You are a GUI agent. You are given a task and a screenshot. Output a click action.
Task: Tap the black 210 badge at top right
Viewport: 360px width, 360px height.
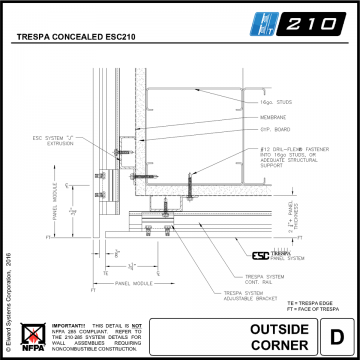tap(318, 20)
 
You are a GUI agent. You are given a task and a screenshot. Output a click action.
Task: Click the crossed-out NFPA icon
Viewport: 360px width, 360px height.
tap(37, 334)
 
